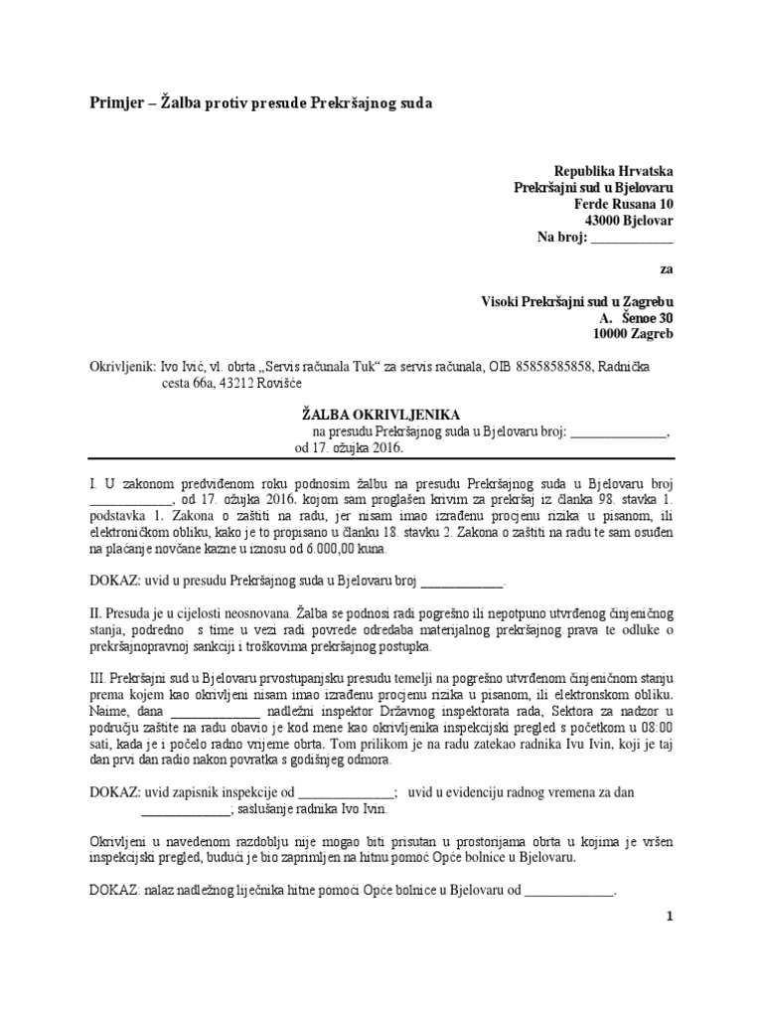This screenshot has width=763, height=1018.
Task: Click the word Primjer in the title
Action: click(111, 102)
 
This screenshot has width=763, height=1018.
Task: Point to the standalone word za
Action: click(666, 268)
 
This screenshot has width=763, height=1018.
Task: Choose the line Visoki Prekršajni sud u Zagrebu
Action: click(577, 301)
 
